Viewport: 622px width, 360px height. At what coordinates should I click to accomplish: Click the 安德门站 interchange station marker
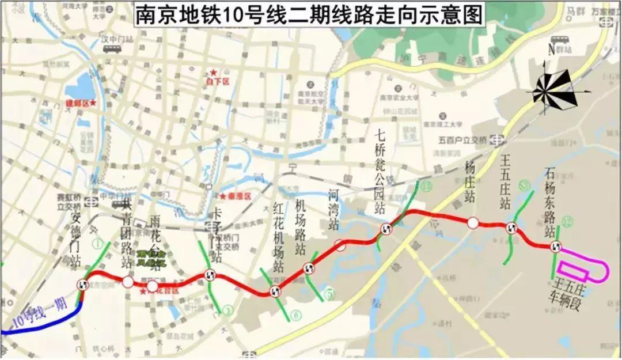[83, 284]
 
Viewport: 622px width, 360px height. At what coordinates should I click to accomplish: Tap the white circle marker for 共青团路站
[128, 282]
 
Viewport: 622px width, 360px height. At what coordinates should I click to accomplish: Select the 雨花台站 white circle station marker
[151, 286]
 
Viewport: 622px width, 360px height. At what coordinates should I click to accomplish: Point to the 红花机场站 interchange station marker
[274, 291]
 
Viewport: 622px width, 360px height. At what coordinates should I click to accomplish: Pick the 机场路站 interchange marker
[309, 268]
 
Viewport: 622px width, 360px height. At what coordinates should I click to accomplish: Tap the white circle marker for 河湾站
[341, 245]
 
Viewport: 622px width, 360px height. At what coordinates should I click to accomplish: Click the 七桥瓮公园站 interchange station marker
[386, 229]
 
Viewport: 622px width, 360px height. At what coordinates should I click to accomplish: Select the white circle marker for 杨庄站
[472, 223]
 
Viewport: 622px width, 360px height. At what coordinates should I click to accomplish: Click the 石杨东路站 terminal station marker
[556, 247]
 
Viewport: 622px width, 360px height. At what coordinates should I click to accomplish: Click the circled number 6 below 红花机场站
[296, 314]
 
